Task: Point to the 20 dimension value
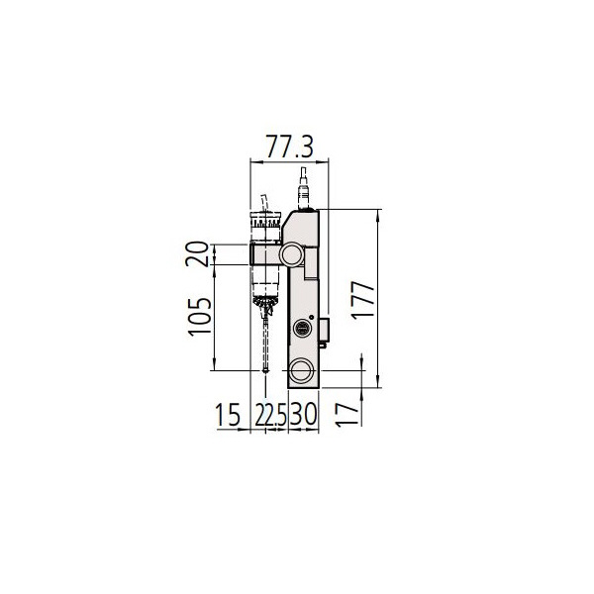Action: pos(201,253)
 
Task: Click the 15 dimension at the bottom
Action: pos(228,415)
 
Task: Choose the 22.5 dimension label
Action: pos(268,415)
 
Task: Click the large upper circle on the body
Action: pos(292,253)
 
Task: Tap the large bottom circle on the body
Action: pos(302,371)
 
